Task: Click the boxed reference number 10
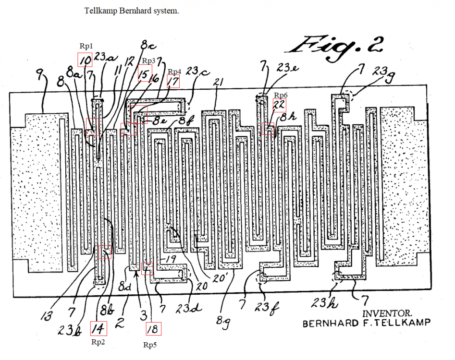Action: pos(85,60)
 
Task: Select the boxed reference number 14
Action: pos(98,329)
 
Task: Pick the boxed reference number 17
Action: pos(173,81)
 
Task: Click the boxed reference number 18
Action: pos(154,329)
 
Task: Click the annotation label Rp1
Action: pos(86,46)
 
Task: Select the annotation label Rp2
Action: pos(98,342)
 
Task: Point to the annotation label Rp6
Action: pos(280,95)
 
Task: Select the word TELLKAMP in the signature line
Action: pos(406,323)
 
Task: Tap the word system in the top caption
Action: pos(164,11)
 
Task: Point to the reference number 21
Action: pos(219,83)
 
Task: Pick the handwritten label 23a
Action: pos(105,57)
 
